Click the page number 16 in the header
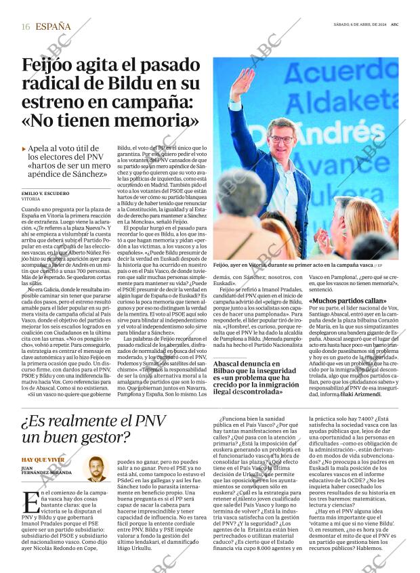(25, 27)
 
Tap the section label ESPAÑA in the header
(52, 27)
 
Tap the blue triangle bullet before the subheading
(24, 148)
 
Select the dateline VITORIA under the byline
(30, 200)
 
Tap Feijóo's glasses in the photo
(282, 139)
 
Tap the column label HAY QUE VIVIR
(43, 459)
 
